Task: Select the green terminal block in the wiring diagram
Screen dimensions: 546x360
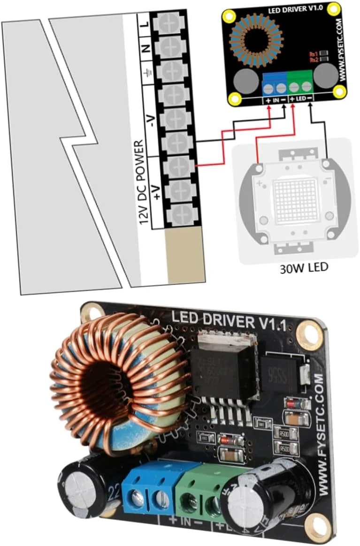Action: coord(300,84)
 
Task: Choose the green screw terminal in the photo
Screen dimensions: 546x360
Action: coord(199,490)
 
